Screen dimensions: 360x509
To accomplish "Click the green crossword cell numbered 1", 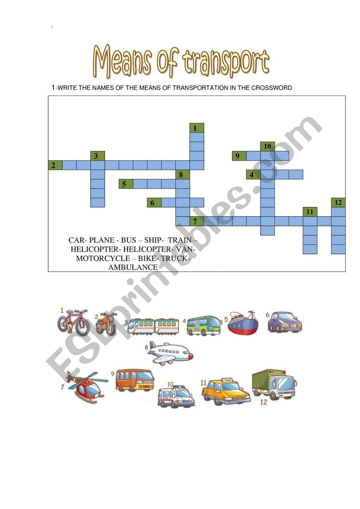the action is pyautogui.click(x=197, y=128).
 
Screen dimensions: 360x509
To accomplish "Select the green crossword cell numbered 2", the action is pyautogui.click(x=55, y=165).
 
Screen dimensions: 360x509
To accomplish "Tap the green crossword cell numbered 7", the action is pyautogui.click(x=197, y=221).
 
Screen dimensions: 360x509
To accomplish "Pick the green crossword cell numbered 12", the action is pyautogui.click(x=338, y=203).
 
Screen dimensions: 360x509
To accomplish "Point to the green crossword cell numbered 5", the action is pyautogui.click(x=126, y=184).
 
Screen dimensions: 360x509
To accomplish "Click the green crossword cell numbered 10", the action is pyautogui.click(x=267, y=146).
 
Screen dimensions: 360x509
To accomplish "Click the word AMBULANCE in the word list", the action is pyautogui.click(x=133, y=267).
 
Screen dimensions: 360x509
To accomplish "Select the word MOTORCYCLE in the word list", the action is pyautogui.click(x=103, y=258).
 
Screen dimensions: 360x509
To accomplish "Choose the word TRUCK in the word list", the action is pyautogui.click(x=175, y=258).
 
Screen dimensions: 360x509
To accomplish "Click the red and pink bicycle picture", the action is pyautogui.click(x=73, y=322).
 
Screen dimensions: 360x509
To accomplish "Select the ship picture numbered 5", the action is pyautogui.click(x=243, y=323).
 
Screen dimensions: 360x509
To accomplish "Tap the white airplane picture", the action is pyautogui.click(x=170, y=353).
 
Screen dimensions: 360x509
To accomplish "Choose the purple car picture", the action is pyautogui.click(x=285, y=322).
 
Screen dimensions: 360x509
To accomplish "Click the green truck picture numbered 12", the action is pyautogui.click(x=274, y=384).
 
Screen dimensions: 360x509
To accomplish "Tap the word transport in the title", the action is pyautogui.click(x=226, y=62).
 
